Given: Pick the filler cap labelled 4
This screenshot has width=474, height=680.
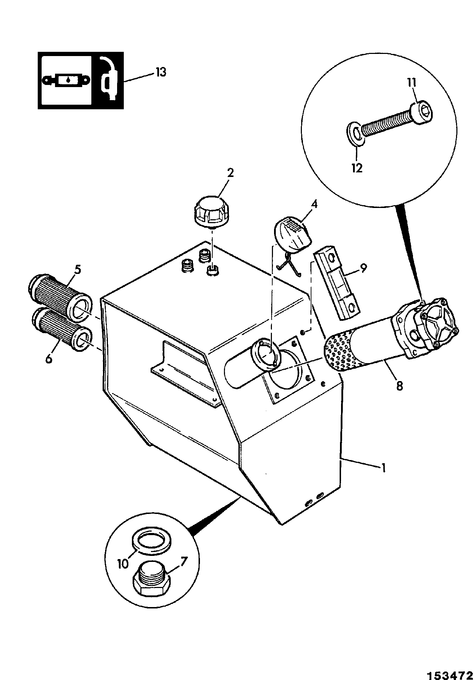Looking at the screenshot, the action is pyautogui.click(x=292, y=234).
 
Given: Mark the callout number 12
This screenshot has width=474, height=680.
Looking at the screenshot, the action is pyautogui.click(x=357, y=168).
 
